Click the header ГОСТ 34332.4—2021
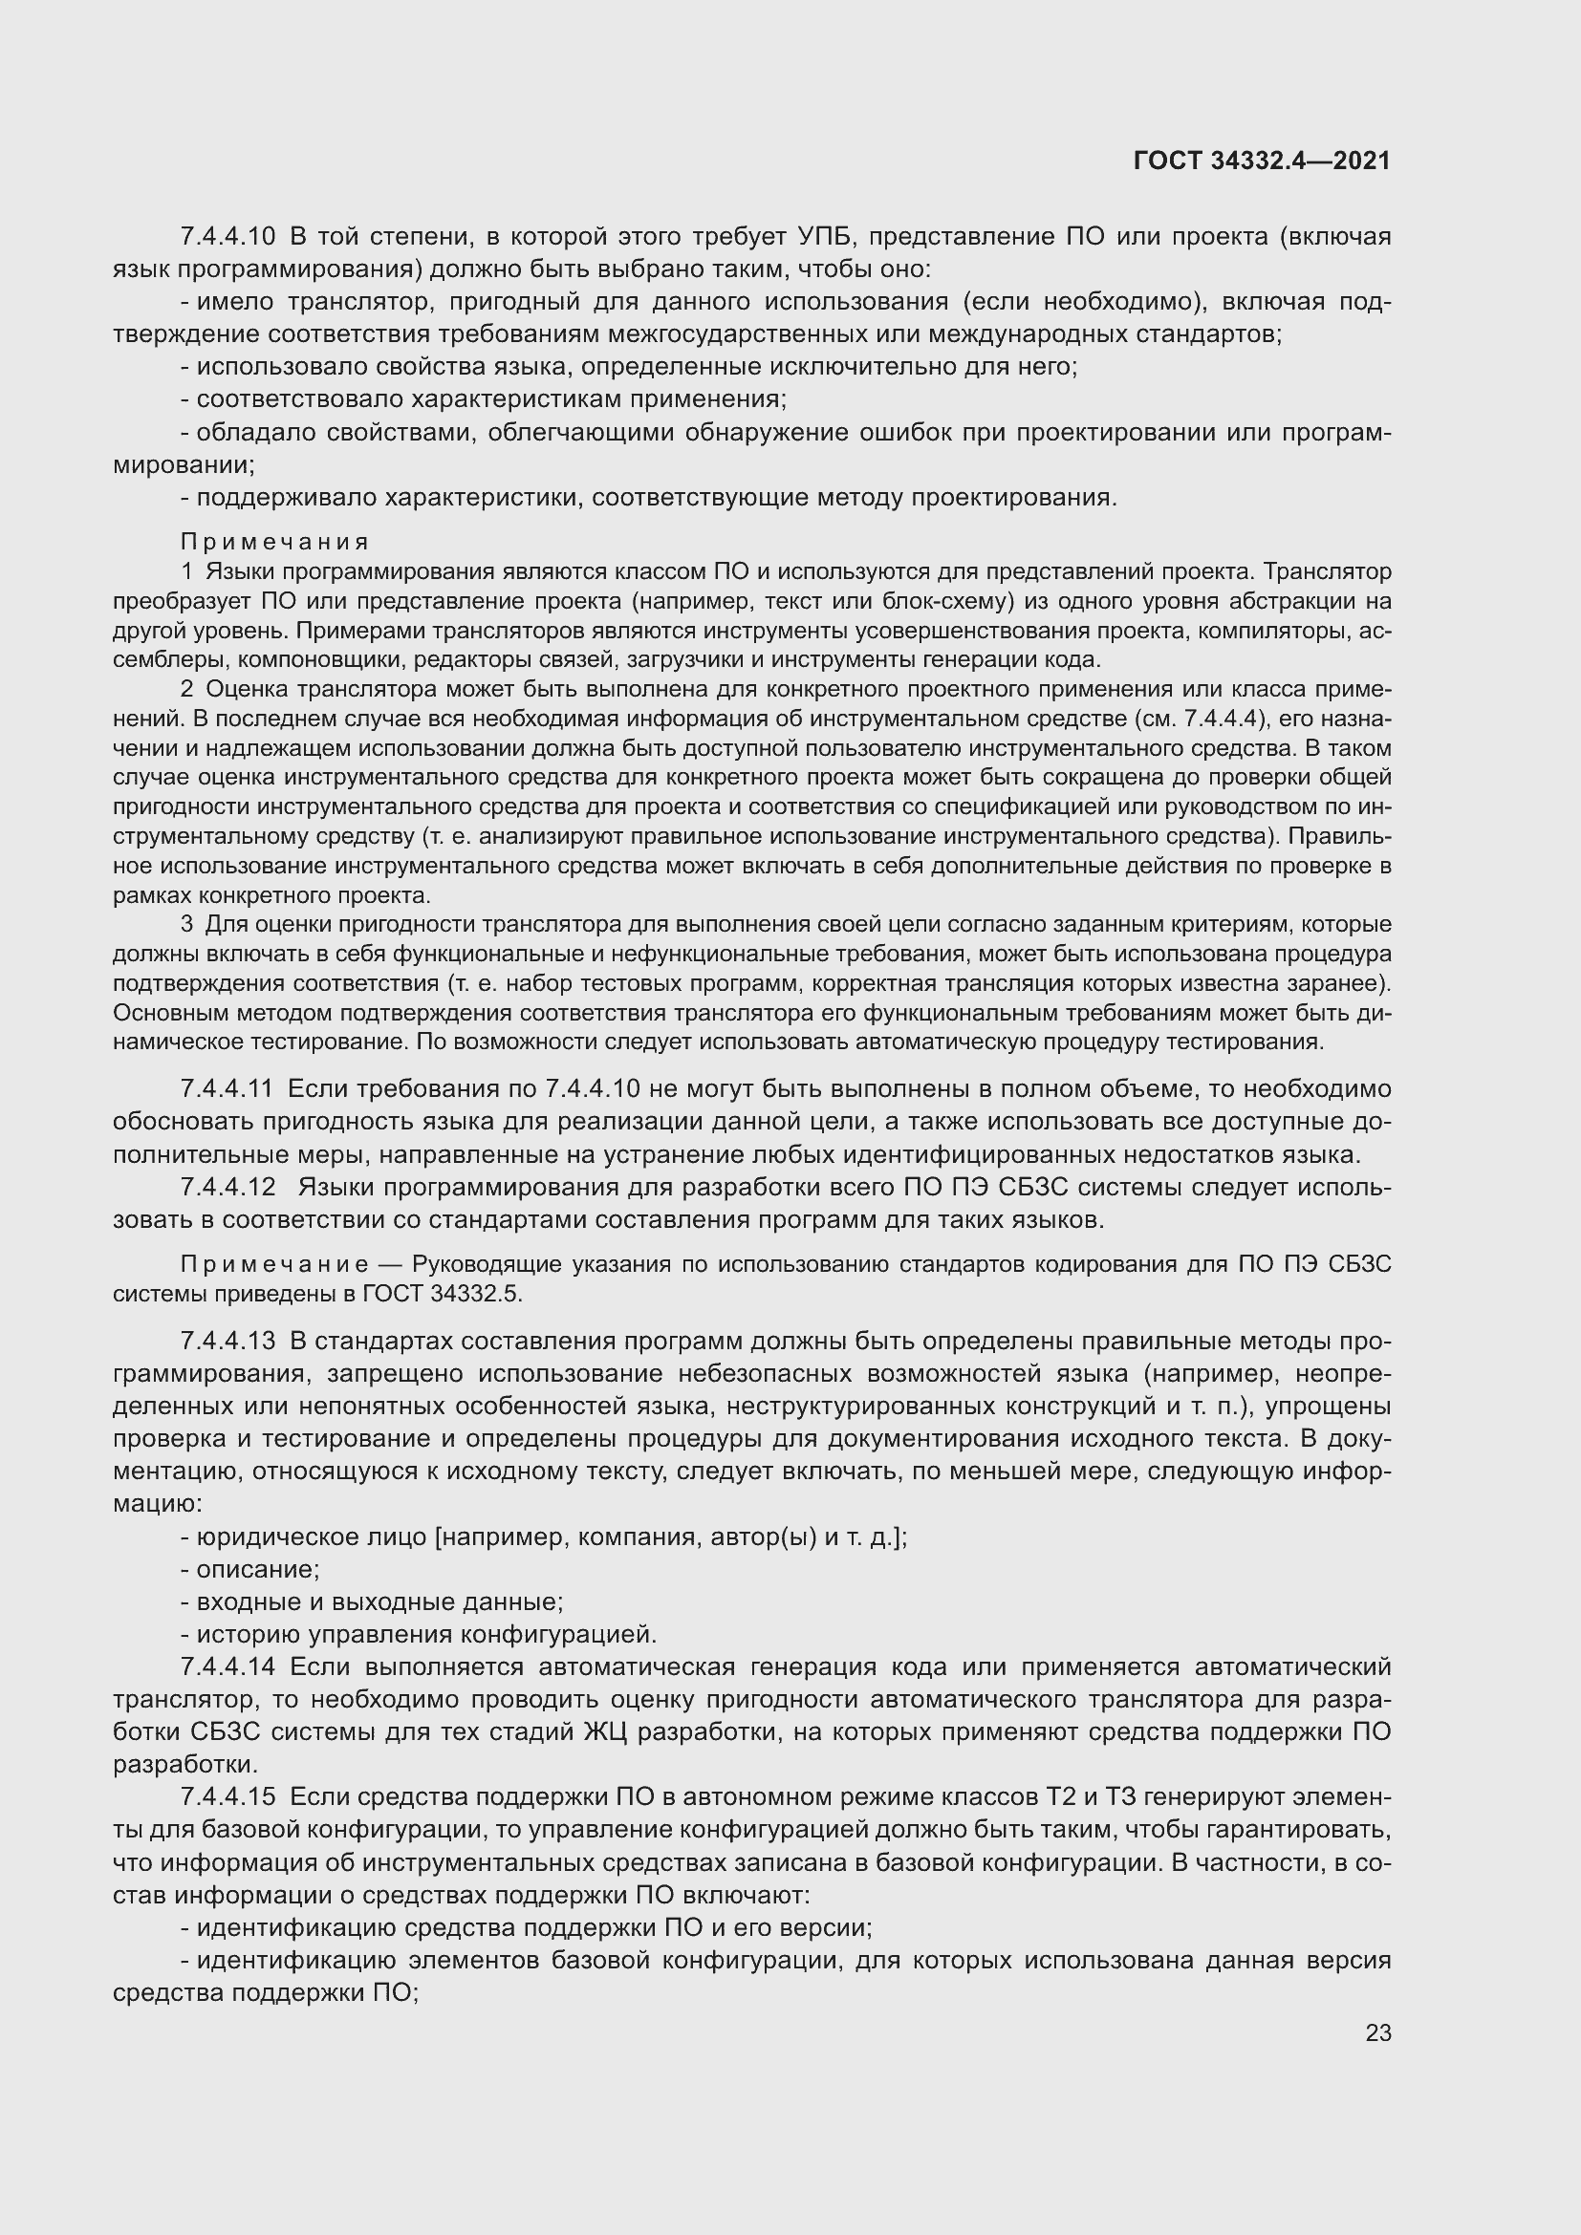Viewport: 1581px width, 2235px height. coord(1262,161)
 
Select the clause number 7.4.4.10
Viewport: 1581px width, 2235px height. coord(227,237)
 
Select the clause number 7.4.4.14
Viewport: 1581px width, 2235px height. coord(227,1666)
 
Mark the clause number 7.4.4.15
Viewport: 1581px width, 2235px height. coord(227,1797)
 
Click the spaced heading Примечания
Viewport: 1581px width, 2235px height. coord(274,541)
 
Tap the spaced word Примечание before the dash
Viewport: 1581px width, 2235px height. coord(274,1264)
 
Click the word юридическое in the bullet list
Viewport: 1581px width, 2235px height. coord(262,1537)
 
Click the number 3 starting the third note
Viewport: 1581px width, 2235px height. coord(186,924)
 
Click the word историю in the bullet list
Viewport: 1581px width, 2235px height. coord(240,1634)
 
